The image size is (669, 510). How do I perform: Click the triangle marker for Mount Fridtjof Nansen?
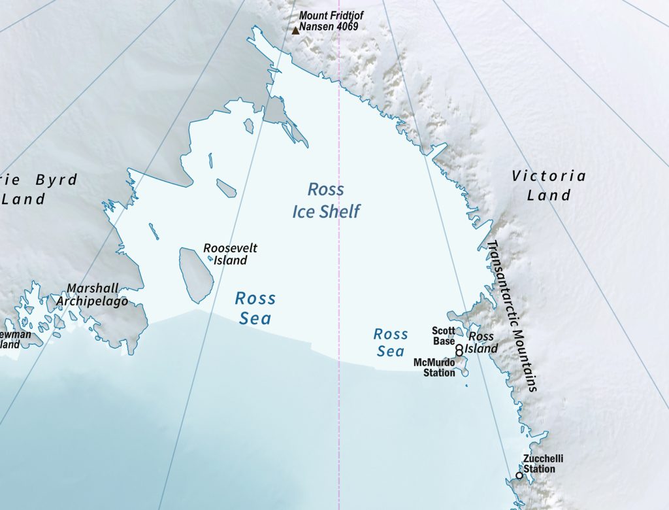(x=295, y=29)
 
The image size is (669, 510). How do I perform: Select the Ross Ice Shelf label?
(x=326, y=201)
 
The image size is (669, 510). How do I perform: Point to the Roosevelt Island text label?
(x=230, y=254)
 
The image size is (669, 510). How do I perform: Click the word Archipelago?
(x=91, y=301)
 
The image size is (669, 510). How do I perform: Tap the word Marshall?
(x=93, y=288)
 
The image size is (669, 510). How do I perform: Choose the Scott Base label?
(x=444, y=336)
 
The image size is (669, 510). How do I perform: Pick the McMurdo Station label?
(x=434, y=367)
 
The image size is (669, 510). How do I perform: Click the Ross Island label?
(x=481, y=343)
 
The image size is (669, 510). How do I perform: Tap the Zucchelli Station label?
(x=539, y=464)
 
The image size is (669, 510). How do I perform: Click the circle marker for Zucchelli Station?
(x=519, y=475)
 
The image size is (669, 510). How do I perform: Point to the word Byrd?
(x=56, y=180)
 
